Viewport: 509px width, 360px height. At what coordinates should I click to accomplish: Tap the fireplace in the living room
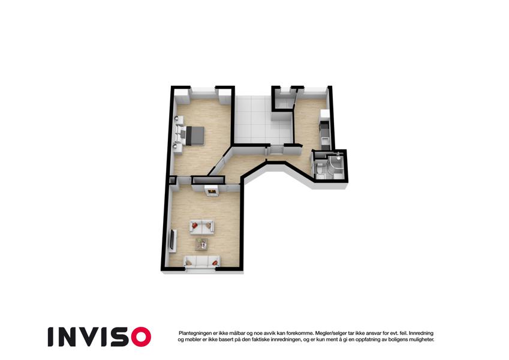click(x=211, y=191)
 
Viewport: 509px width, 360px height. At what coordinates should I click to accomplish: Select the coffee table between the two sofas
click(x=201, y=244)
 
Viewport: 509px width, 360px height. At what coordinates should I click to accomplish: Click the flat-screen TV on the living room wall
click(x=173, y=241)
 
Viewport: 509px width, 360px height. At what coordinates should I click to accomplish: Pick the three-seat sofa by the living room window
click(x=201, y=261)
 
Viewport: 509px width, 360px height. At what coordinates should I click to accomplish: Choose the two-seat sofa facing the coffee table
click(x=201, y=226)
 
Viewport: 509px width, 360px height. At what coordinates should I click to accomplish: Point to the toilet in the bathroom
click(x=320, y=169)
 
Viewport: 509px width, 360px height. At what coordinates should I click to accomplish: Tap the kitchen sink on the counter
click(x=325, y=140)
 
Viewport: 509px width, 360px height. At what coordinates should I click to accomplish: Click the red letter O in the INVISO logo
click(x=141, y=337)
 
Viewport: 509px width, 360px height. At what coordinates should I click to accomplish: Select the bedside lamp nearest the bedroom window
click(x=177, y=119)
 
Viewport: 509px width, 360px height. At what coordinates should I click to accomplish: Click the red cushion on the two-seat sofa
click(x=195, y=225)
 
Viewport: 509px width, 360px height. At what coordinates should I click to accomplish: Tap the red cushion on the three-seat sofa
click(x=215, y=262)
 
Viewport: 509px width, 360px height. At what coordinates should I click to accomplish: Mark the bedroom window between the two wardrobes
click(x=203, y=92)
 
